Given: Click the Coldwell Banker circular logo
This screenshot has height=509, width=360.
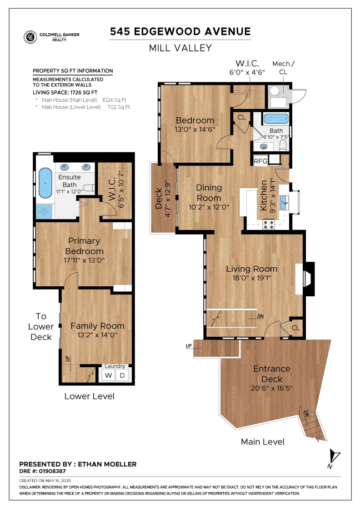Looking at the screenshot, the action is [x=30, y=37].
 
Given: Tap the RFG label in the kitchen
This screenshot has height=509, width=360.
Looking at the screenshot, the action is [x=260, y=161].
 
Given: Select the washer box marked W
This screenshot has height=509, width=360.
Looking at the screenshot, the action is [x=109, y=375].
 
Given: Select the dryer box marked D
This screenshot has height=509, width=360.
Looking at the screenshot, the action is [x=122, y=375].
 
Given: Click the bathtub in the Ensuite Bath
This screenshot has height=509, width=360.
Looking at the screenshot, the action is [x=45, y=183].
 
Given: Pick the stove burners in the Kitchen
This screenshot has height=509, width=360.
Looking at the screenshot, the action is [x=269, y=225].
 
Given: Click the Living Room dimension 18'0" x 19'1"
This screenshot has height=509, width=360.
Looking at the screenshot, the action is [x=251, y=278].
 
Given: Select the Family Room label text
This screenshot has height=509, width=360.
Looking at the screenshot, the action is [x=97, y=326].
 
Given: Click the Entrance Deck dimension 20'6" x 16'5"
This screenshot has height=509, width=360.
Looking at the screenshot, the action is [x=272, y=388].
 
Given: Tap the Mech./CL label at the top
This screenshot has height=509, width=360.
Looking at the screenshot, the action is [x=283, y=68].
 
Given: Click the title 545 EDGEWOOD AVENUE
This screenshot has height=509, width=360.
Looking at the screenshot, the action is [x=180, y=31].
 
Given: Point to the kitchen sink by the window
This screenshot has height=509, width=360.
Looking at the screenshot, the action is [x=284, y=203].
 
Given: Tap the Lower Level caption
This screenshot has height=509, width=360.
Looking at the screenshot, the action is [x=89, y=396].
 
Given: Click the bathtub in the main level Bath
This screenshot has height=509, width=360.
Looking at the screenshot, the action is [x=276, y=119].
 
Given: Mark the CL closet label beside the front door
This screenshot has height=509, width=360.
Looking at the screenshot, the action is [x=296, y=328].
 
